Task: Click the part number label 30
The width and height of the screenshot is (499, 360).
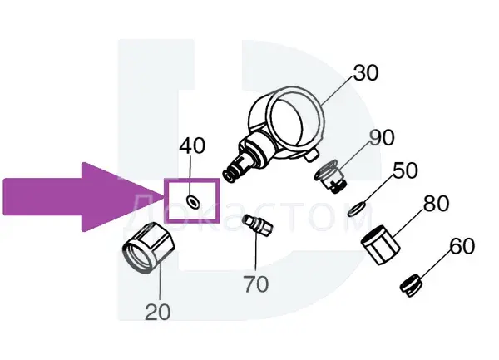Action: click(366, 73)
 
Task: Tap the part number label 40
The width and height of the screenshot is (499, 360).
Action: click(192, 146)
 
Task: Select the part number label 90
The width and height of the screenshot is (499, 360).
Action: click(382, 137)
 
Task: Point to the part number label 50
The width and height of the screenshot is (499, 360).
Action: click(405, 170)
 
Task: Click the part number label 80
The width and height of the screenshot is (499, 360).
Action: click(437, 204)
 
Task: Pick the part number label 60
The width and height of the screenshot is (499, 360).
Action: click(462, 246)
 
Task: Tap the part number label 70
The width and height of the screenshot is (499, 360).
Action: click(256, 284)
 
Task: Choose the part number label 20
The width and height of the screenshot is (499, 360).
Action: click(158, 313)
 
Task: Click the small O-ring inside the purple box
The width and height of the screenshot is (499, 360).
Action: click(193, 202)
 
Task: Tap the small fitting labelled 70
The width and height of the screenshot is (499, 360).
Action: click(258, 225)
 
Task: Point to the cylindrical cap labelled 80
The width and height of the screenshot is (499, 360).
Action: click(381, 245)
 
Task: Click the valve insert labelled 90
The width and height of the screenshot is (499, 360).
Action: click(331, 177)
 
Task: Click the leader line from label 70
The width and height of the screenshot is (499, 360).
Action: click(256, 253)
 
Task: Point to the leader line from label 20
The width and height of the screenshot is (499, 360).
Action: click(160, 284)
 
